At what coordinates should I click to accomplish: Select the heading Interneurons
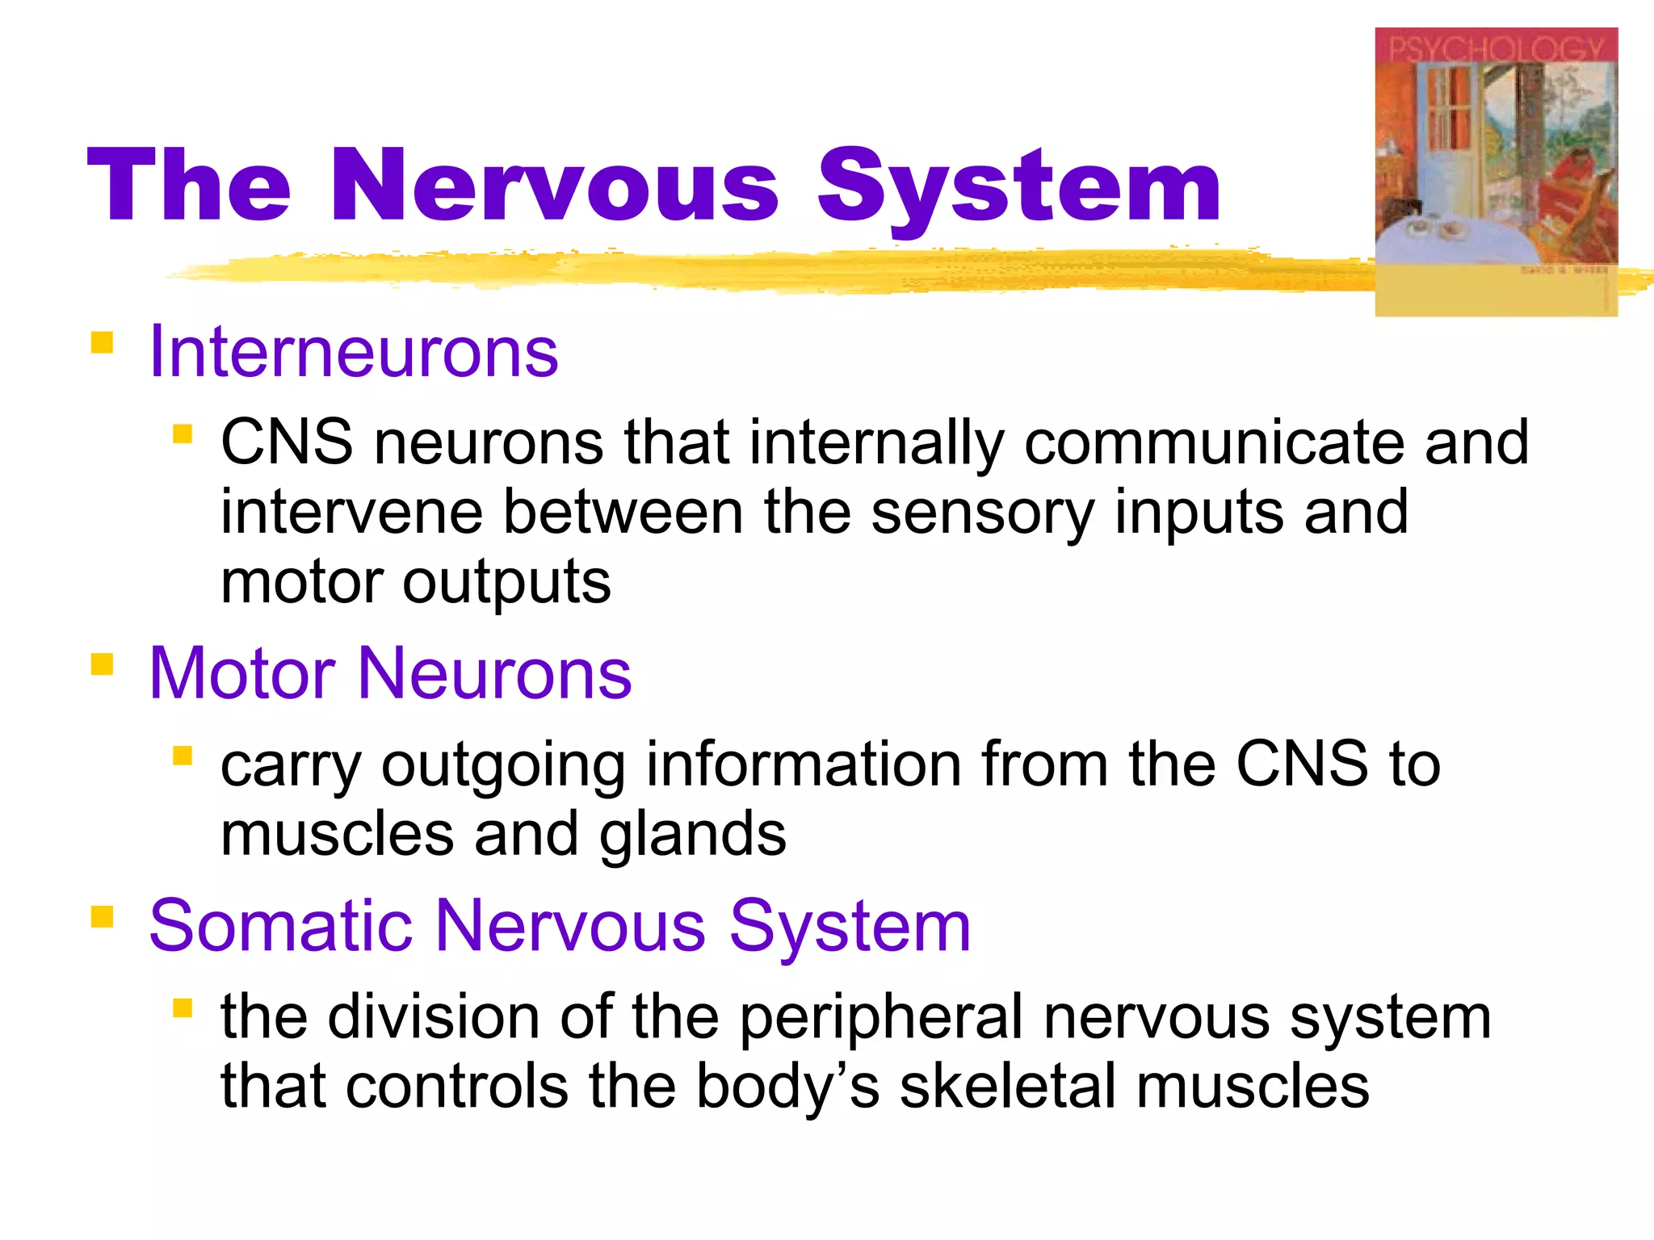pos(354,352)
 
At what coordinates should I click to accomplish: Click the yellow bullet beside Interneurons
pos(102,342)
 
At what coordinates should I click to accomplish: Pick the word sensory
pos(982,513)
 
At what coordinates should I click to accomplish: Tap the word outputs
pos(506,583)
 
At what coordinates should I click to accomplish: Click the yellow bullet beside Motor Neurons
pos(102,664)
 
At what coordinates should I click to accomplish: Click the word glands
pos(692,835)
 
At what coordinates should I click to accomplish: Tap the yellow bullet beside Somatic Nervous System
pos(102,917)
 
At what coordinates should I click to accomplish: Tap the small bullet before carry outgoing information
pos(183,756)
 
